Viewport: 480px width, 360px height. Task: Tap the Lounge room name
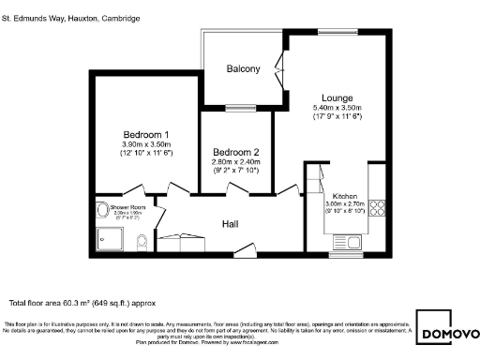(x=337, y=97)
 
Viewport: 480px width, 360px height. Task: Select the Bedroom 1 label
(x=145, y=133)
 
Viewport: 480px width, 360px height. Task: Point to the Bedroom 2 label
(x=235, y=152)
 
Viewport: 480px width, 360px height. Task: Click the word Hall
(x=231, y=224)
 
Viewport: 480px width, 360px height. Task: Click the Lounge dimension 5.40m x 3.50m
(x=337, y=108)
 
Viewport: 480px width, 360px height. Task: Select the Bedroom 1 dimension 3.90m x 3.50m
(x=145, y=144)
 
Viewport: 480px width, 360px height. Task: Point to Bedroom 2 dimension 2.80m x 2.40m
(x=235, y=162)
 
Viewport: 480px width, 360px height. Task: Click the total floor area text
(x=82, y=302)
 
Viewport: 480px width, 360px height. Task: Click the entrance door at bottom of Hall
(x=245, y=250)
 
